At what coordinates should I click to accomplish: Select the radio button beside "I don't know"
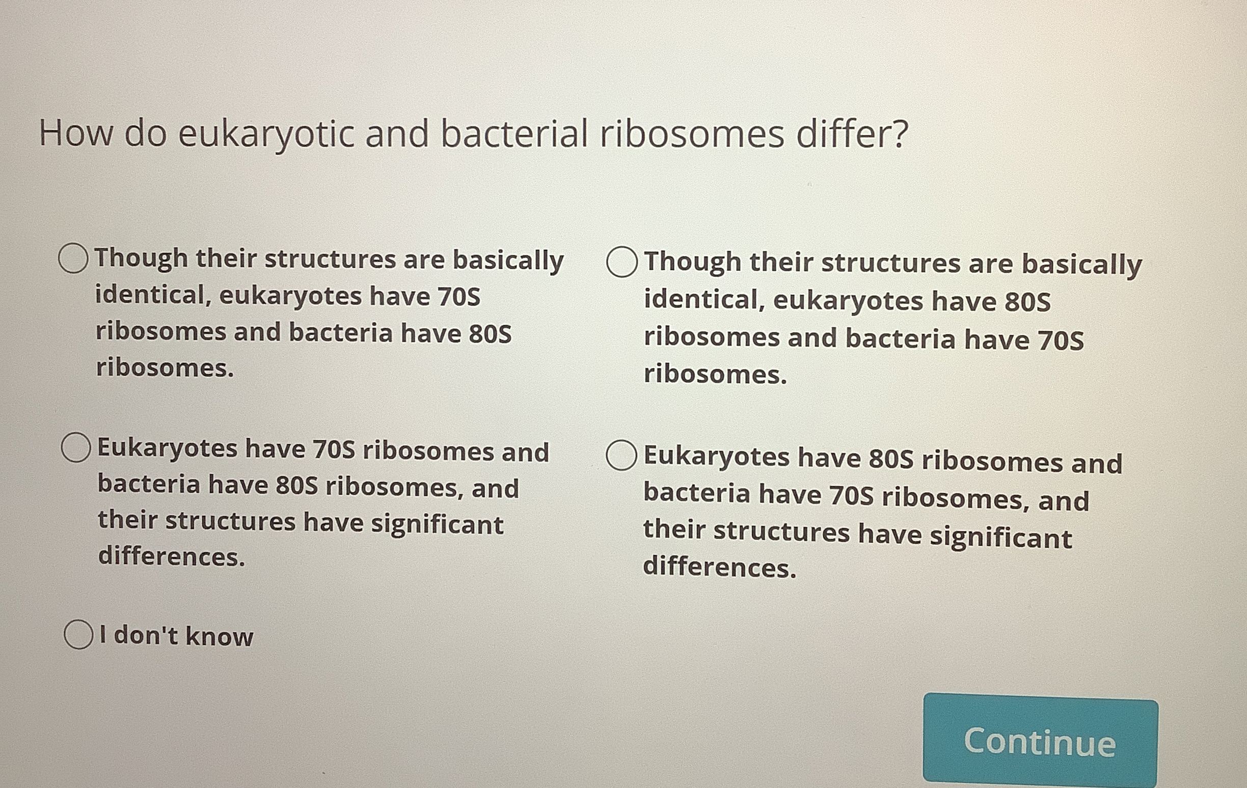[78, 634]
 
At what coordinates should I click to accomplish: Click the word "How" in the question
[75, 133]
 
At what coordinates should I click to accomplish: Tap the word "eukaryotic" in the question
[266, 135]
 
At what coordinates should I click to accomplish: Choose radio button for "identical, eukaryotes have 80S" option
[621, 261]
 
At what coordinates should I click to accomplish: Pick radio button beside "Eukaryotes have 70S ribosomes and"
[76, 447]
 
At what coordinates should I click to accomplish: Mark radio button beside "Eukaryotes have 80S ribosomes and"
[621, 455]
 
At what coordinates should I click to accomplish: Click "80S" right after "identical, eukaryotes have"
[1027, 302]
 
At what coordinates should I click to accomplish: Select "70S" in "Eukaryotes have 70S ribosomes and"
[334, 449]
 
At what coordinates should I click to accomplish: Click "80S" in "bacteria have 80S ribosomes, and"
[297, 486]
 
